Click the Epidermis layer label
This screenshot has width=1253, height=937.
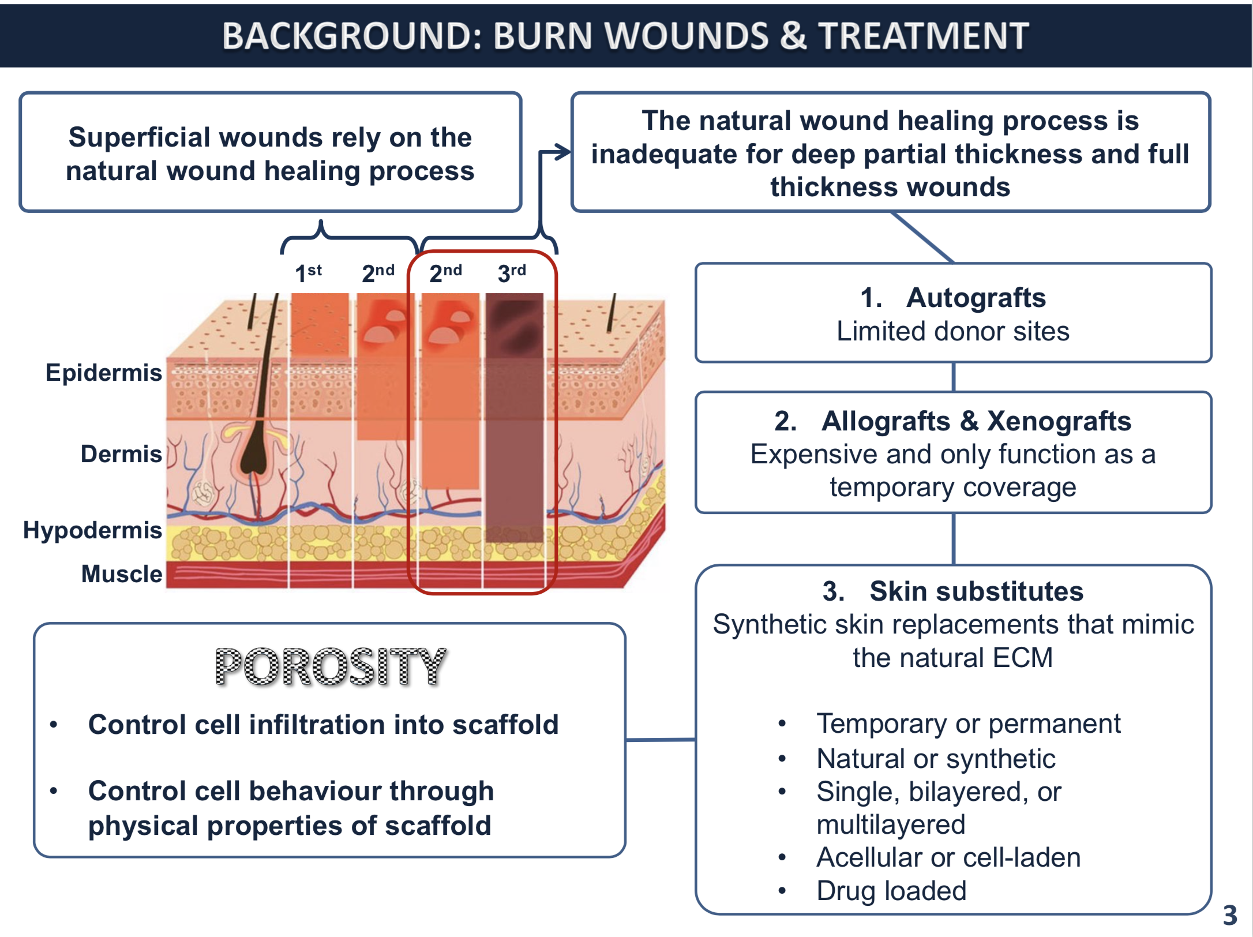(104, 373)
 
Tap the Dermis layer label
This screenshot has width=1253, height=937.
(121, 454)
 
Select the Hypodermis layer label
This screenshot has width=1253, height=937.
(92, 530)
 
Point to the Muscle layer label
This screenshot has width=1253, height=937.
(122, 574)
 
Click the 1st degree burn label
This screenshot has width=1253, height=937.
(308, 272)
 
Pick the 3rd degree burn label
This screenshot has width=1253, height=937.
(512, 272)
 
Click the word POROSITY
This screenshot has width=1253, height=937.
(331, 667)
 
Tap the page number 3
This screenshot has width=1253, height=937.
(1230, 915)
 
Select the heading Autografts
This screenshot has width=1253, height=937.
(976, 298)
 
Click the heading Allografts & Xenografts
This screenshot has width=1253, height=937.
(976, 421)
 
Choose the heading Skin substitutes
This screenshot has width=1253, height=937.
(976, 591)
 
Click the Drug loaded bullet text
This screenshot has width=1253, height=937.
(891, 891)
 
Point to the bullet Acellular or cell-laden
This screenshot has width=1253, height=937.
(948, 857)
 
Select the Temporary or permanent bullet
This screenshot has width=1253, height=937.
(969, 724)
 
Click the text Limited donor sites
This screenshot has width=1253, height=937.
(953, 331)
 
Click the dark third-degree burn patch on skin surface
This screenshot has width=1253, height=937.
(514, 325)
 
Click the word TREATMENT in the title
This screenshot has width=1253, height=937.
(924, 36)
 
